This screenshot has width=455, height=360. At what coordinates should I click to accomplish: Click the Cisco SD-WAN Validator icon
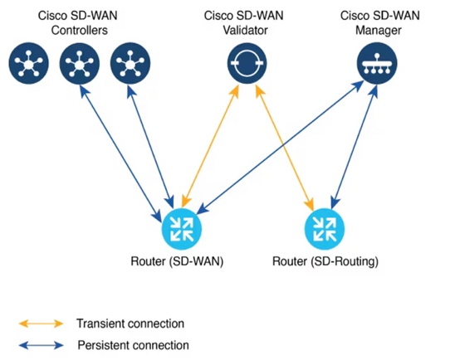(247, 62)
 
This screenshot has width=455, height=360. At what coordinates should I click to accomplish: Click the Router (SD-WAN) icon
(181, 228)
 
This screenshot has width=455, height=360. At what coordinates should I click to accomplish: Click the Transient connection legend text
(130, 324)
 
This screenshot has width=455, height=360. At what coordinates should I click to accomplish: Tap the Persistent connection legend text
(133, 345)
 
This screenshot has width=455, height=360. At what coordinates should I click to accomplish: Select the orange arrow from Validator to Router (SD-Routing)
(286, 146)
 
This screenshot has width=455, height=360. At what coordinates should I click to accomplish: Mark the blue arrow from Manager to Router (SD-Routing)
(351, 146)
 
